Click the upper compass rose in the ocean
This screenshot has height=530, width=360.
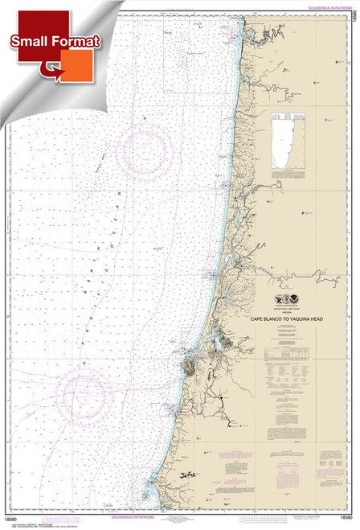pos(145,150)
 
